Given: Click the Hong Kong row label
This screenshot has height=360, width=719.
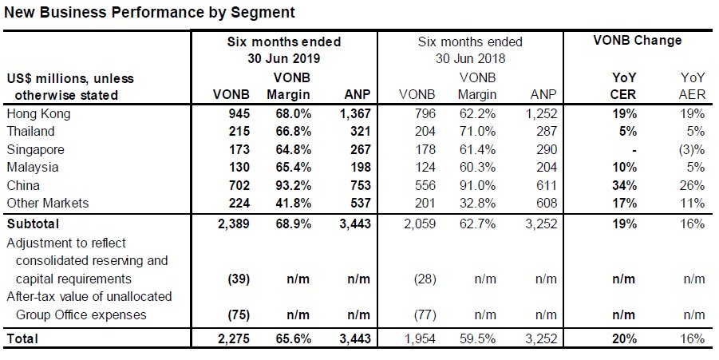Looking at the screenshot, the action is click(38, 113).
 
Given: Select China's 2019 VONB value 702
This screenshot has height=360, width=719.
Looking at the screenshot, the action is click(238, 185).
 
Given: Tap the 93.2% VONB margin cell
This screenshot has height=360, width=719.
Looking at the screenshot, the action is click(289, 185).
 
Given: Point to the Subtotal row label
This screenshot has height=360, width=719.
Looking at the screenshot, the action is click(33, 224).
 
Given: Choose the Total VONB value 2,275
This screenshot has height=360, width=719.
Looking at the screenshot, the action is click(231, 339).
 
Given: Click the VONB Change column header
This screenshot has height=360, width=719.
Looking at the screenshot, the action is click(638, 41).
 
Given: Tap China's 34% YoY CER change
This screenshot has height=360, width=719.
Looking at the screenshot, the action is click(623, 185).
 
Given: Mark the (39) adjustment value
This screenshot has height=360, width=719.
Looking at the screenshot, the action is click(239, 279).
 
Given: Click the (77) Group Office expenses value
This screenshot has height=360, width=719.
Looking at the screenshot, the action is click(425, 315).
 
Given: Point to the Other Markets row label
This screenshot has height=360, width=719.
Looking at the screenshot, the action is click(48, 204).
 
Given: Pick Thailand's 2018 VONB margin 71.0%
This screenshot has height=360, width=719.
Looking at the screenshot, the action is click(477, 131).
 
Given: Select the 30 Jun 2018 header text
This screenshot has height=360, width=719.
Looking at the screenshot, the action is click(470, 59).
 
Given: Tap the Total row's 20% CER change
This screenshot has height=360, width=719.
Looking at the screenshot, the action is click(623, 339).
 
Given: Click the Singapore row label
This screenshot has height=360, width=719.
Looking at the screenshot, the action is click(35, 150).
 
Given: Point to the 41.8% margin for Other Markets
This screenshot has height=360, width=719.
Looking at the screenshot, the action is click(289, 204).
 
